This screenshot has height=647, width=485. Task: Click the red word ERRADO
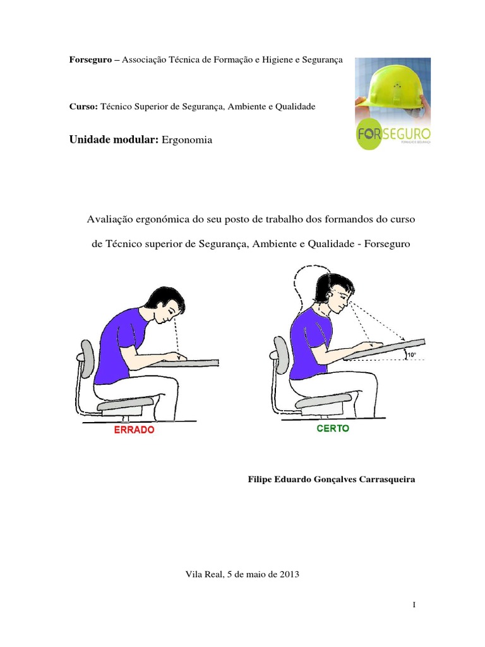(x=134, y=430)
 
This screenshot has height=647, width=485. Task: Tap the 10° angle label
(x=412, y=356)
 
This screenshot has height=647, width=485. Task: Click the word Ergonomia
(x=188, y=140)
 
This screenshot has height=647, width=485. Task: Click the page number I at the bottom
(x=414, y=605)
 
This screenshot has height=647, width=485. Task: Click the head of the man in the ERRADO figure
(x=165, y=303)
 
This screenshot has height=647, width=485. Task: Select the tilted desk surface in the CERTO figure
(x=385, y=348)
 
